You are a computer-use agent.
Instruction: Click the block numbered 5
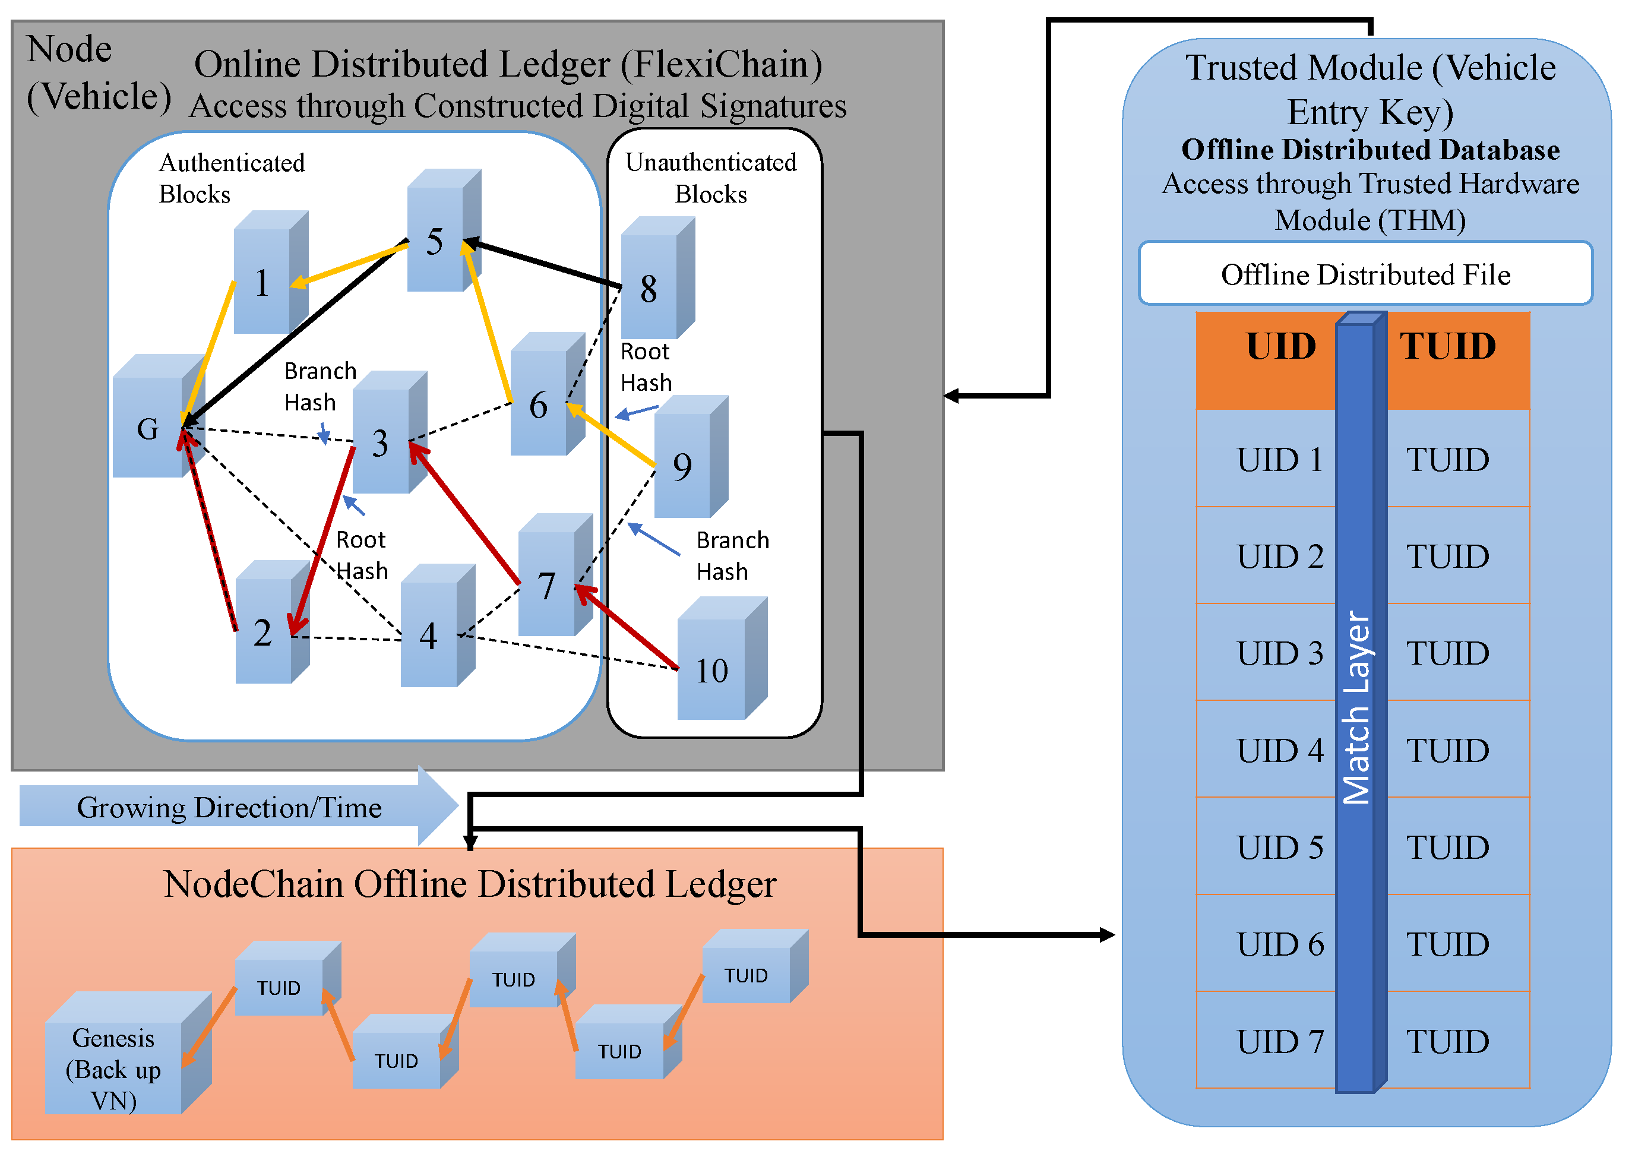point(444,230)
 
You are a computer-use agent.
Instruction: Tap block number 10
point(722,658)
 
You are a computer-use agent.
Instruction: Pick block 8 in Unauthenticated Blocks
point(657,278)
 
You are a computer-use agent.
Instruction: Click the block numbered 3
point(390,432)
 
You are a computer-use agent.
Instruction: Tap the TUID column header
point(1457,361)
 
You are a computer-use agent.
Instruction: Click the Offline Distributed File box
point(1365,274)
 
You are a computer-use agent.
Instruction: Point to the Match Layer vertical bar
point(1361,702)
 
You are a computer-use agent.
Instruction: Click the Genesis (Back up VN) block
point(128,1052)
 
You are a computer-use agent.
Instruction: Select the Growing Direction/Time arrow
point(239,806)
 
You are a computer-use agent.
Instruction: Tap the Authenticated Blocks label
point(232,178)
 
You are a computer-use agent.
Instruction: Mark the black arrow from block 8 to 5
point(542,264)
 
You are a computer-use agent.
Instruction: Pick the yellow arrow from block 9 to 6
point(611,435)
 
